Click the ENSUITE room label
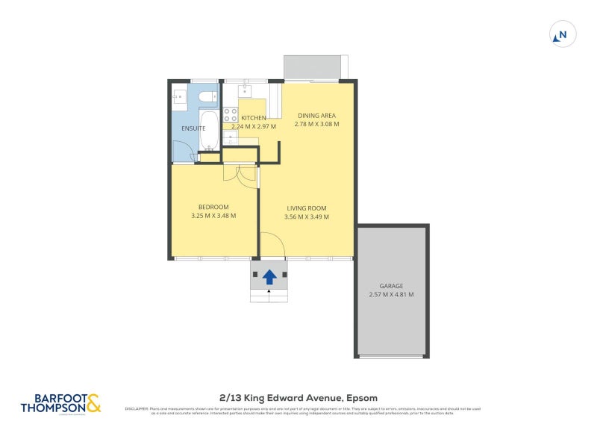[x=193, y=128]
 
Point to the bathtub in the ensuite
[x=208, y=129]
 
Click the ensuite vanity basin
[x=179, y=97]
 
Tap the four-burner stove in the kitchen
[x=231, y=115]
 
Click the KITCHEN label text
[x=253, y=118]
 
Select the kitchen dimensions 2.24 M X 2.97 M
[x=253, y=126]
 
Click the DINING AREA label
[x=316, y=116]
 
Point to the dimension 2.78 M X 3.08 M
[x=316, y=124]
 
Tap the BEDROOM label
[x=213, y=207]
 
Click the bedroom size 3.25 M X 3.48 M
[x=213, y=216]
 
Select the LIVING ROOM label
[x=307, y=208]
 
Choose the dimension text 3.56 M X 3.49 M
[x=307, y=217]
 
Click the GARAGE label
[x=391, y=286]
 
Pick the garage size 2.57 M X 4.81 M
[x=391, y=294]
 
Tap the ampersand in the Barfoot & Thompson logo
[x=93, y=404]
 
